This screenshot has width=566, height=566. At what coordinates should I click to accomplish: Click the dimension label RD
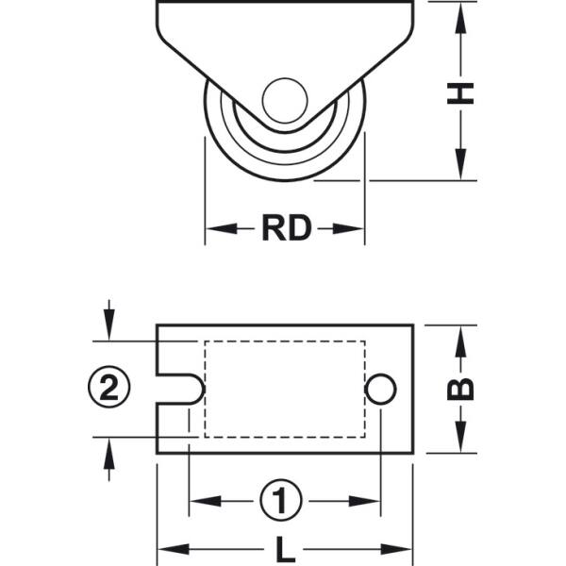(286, 228)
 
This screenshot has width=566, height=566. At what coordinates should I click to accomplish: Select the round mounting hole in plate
(380, 388)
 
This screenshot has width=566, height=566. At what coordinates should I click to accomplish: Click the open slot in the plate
(179, 388)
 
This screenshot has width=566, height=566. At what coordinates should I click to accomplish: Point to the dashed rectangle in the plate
(285, 388)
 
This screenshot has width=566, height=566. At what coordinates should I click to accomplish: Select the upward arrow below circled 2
(109, 451)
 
